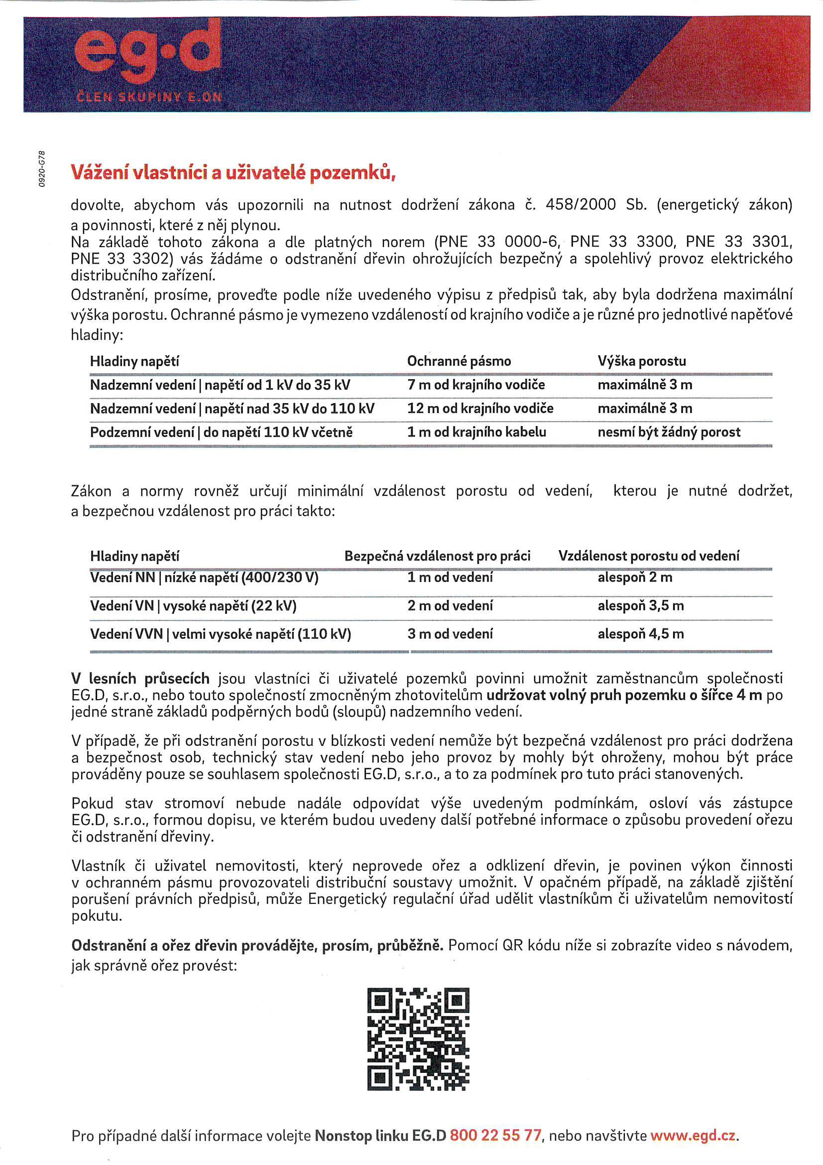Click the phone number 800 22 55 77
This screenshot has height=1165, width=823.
(x=495, y=1135)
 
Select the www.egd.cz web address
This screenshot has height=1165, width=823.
(x=693, y=1135)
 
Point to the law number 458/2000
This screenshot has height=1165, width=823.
(x=581, y=204)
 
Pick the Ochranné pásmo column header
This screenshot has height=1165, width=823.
(x=459, y=361)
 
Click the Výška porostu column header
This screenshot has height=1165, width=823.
(x=641, y=361)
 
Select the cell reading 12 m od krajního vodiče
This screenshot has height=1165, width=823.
(x=480, y=409)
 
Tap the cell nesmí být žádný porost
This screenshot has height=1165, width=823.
(x=669, y=433)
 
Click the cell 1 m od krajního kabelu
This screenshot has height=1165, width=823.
(x=476, y=433)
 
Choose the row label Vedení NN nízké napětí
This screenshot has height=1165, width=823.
(x=204, y=578)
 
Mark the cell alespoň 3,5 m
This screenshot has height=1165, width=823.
(x=640, y=606)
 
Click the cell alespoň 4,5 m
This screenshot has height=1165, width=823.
(x=640, y=634)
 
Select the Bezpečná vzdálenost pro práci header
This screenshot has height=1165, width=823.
(x=437, y=556)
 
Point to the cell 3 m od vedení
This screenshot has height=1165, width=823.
(x=450, y=634)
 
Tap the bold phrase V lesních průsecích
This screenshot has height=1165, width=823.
(x=140, y=679)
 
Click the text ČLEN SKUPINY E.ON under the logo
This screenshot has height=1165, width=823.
(x=149, y=97)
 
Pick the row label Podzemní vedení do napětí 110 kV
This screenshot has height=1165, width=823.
(x=221, y=433)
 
